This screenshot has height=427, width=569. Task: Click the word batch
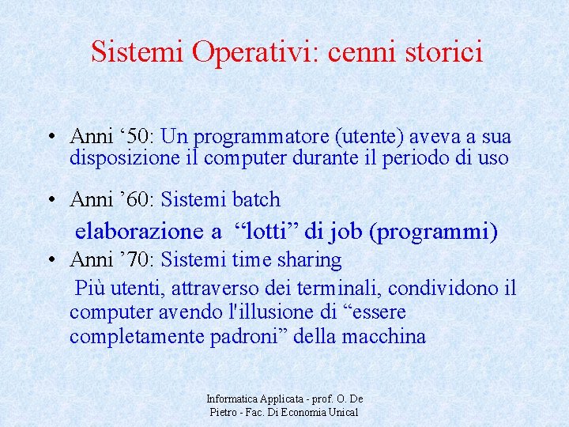tap(254, 199)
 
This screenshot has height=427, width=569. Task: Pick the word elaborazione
tap(138, 232)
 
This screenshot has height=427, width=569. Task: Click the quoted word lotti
tap(269, 232)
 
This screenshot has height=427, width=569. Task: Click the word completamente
tap(138, 337)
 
